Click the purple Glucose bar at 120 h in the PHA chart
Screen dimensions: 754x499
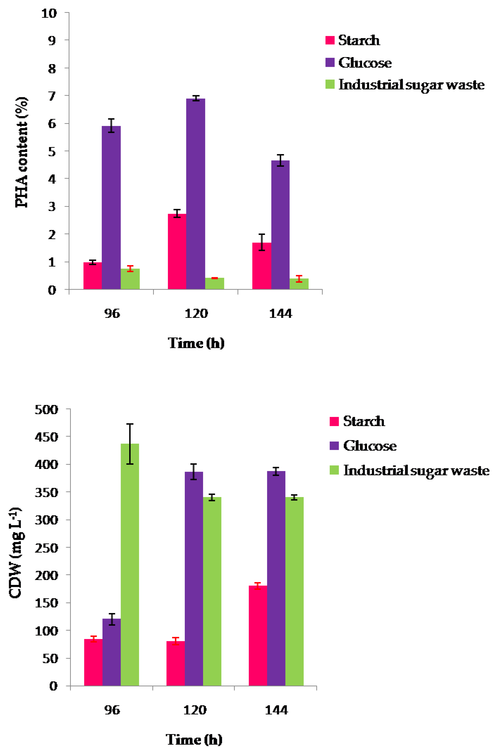(x=195, y=194)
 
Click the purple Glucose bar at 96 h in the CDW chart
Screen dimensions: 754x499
(x=111, y=652)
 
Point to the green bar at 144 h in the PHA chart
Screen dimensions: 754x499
(x=299, y=284)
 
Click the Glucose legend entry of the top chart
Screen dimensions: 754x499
(x=365, y=63)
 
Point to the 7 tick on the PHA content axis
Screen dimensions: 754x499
(x=52, y=96)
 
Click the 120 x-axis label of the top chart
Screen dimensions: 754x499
(x=196, y=314)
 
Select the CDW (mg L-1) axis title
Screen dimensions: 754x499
(x=15, y=553)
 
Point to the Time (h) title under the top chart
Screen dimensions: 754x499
(x=196, y=343)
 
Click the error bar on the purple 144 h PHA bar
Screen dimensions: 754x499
(x=280, y=160)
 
